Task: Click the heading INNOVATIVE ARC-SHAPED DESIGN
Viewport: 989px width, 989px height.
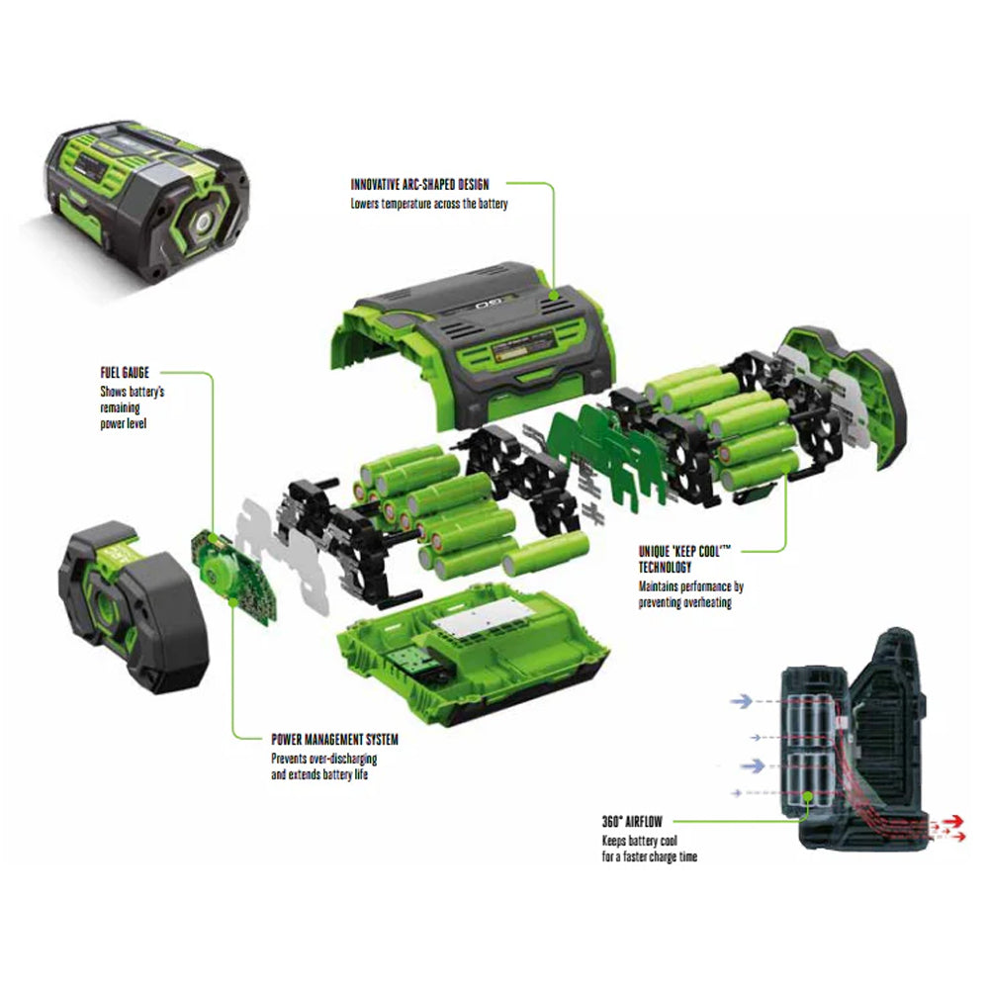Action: pos(419,184)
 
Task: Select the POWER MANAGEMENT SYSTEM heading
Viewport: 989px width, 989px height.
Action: pos(335,739)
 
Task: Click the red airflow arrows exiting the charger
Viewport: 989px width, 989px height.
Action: pos(949,824)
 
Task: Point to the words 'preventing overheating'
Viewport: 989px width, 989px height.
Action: pos(685,603)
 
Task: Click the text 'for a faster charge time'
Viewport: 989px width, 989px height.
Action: pos(650,856)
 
